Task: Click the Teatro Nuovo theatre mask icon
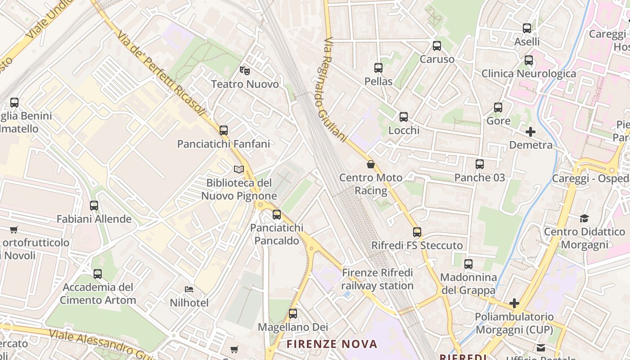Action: click(x=244, y=70)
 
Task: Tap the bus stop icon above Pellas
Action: click(x=378, y=68)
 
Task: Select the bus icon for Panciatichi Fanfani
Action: click(x=224, y=130)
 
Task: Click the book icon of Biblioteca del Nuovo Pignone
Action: click(x=239, y=170)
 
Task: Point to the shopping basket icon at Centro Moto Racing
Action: click(x=371, y=164)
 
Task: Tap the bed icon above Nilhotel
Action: click(x=189, y=289)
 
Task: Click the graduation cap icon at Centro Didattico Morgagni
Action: click(x=584, y=218)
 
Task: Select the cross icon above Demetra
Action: click(x=531, y=132)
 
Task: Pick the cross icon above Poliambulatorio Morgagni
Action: click(x=514, y=303)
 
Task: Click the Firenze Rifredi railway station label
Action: click(x=377, y=279)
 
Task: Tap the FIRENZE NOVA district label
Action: click(x=332, y=344)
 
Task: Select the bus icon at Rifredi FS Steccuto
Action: click(x=417, y=232)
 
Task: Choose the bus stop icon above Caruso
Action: click(x=437, y=46)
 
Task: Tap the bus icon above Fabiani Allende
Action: click(x=94, y=206)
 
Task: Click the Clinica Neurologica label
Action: click(x=529, y=73)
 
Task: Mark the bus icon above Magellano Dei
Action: click(x=293, y=314)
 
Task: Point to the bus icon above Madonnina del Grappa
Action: click(x=468, y=264)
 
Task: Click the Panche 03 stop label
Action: click(x=480, y=177)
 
